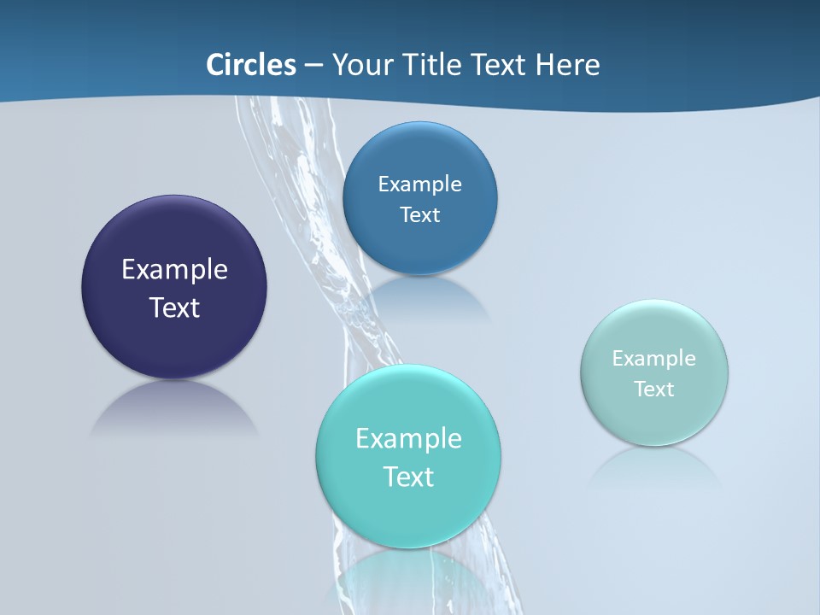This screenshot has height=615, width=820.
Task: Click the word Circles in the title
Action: (251, 65)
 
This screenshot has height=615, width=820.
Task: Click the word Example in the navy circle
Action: (174, 270)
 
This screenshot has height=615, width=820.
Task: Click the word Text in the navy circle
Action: (174, 307)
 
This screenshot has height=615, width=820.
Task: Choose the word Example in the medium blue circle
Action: (420, 184)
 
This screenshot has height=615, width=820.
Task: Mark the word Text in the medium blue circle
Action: (420, 215)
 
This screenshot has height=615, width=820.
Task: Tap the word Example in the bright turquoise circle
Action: (408, 439)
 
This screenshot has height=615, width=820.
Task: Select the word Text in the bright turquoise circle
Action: (408, 477)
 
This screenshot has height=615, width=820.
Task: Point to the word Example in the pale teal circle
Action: (654, 359)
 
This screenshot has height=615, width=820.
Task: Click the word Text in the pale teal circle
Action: (654, 389)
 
